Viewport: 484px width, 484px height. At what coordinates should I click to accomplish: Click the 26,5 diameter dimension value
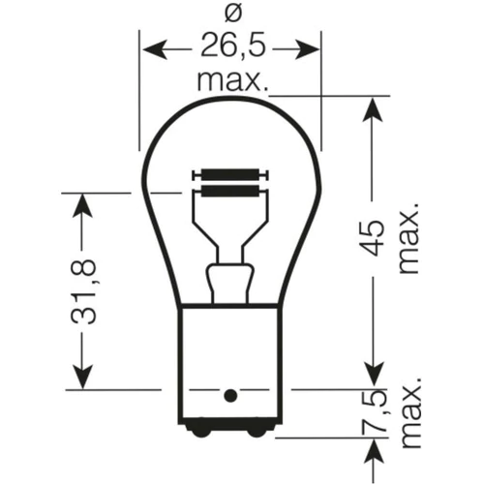[x=233, y=45]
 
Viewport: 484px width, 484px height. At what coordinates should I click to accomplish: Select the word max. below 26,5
[x=232, y=81]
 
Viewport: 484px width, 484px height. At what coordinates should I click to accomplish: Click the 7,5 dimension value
[x=375, y=411]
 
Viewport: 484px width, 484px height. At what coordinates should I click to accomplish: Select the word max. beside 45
[x=408, y=238]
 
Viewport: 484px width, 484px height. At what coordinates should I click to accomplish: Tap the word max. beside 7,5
[x=409, y=412]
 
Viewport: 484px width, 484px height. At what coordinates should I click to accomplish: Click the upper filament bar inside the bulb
[x=230, y=175]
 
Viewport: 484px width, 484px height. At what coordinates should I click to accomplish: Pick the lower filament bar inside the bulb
[x=230, y=192]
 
